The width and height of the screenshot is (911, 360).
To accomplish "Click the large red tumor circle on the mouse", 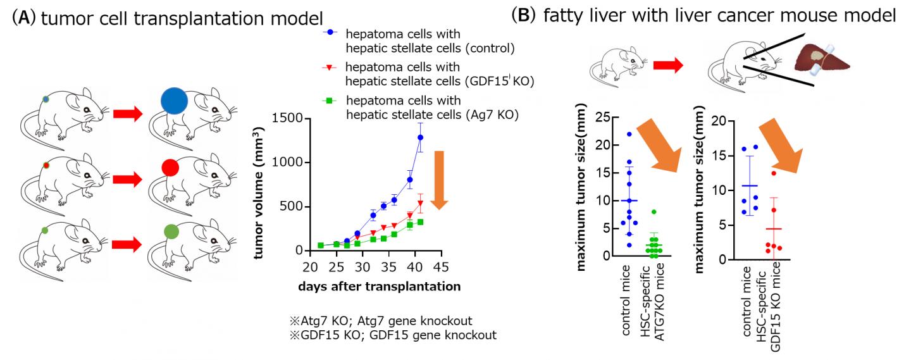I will point(171,168).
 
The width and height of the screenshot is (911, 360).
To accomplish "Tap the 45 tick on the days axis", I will point(443,266).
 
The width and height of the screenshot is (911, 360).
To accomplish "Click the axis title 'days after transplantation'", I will point(380,286).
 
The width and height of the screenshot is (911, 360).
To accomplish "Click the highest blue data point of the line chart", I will point(420,137).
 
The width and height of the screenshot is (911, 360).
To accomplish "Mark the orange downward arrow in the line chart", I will point(441,180).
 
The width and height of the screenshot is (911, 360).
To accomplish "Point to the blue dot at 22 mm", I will point(629,134).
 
